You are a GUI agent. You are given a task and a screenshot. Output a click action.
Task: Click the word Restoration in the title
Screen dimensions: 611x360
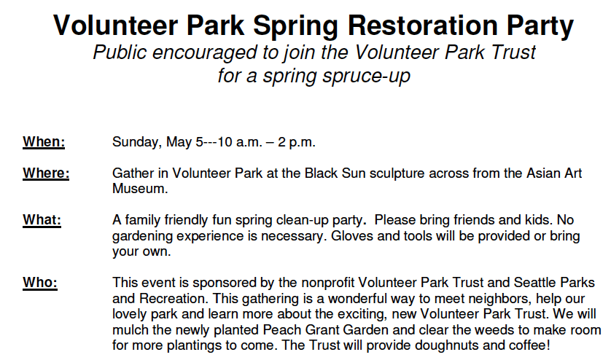click(423, 26)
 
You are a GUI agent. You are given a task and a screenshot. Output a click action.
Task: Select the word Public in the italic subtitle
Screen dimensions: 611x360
click(120, 52)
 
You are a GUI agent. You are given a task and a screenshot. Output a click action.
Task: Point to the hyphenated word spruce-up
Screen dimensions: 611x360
click(366, 76)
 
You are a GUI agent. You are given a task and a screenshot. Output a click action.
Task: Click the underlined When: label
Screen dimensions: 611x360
click(44, 141)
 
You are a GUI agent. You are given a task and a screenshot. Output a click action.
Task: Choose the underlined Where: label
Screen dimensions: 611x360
click(46, 173)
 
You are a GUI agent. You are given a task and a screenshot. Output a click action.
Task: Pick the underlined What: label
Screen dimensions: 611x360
click(42, 220)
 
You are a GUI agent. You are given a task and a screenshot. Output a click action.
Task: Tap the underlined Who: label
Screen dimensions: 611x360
click(40, 283)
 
